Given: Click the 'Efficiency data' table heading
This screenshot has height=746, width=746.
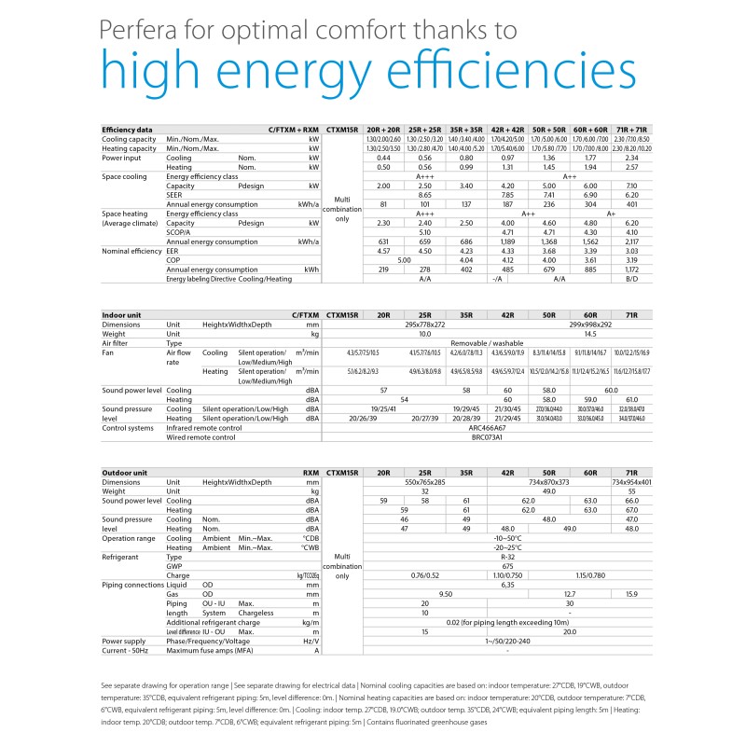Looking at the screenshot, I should click(128, 130).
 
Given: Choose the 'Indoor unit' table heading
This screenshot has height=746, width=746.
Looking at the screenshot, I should click(122, 317).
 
